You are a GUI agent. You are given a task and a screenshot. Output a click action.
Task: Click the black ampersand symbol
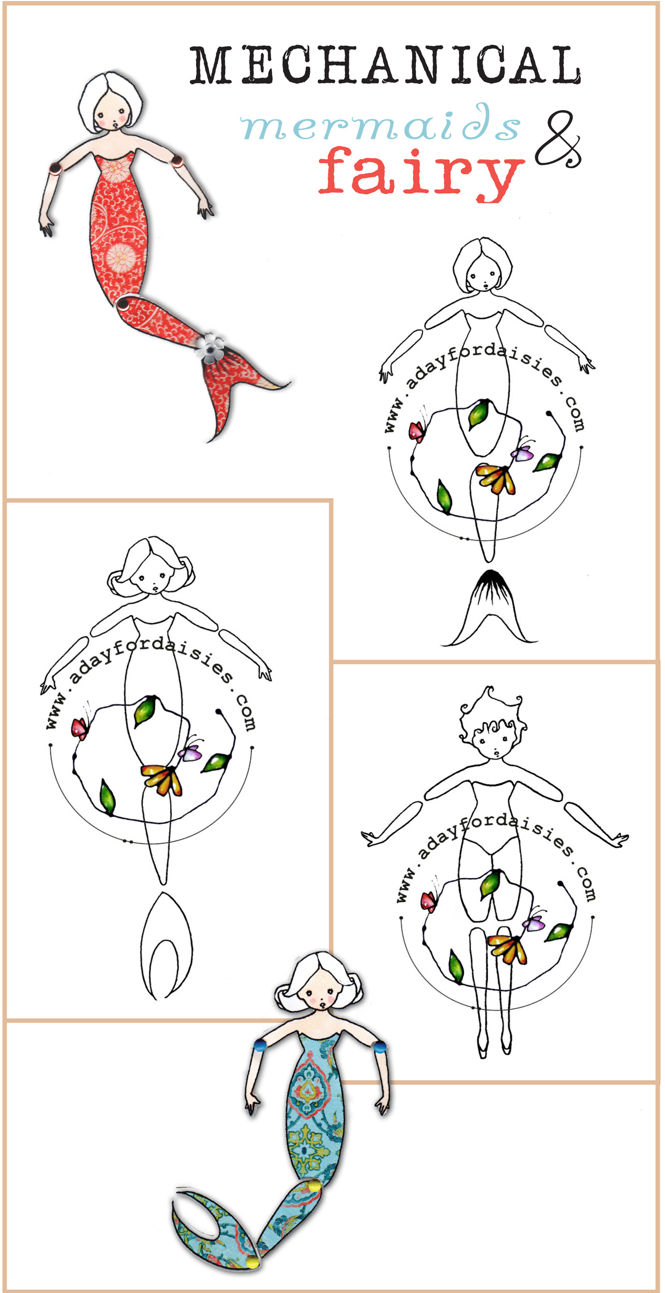click(558, 139)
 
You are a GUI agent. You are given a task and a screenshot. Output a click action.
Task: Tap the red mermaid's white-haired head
click(110, 103)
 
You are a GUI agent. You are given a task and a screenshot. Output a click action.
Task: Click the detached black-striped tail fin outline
click(489, 608)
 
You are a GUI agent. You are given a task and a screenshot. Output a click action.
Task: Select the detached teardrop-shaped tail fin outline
click(166, 946)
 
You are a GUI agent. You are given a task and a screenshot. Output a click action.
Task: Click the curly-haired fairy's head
click(492, 723)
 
